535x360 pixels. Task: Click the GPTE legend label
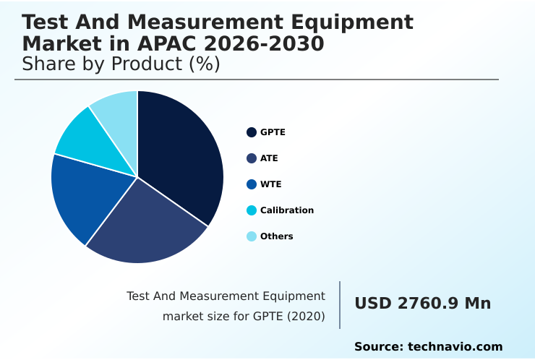pyautogui.click(x=273, y=132)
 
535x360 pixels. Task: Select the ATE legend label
pyautogui.click(x=269, y=158)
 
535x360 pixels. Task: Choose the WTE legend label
pyautogui.click(x=270, y=184)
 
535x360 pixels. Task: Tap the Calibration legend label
pyautogui.click(x=286, y=210)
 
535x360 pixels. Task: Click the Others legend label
pyautogui.click(x=276, y=236)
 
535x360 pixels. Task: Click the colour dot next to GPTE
pyautogui.click(x=252, y=132)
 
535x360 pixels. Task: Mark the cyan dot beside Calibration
pyautogui.click(x=252, y=210)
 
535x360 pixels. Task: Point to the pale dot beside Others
pyautogui.click(x=252, y=236)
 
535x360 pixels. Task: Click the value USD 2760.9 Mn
pyautogui.click(x=422, y=304)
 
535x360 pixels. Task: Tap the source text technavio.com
pyautogui.click(x=455, y=347)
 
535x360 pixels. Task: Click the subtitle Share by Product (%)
pyautogui.click(x=121, y=64)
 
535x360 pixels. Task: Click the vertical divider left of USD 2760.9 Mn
pyautogui.click(x=340, y=305)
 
